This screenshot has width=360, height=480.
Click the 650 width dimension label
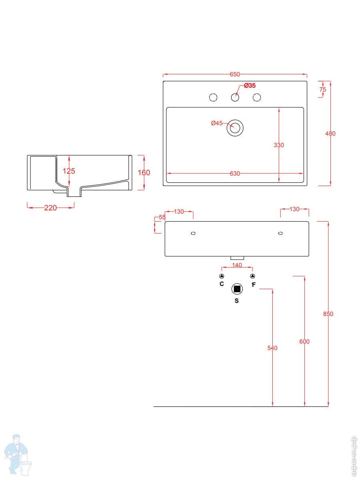[x=235, y=74]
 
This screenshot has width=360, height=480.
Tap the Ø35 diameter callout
[x=250, y=86]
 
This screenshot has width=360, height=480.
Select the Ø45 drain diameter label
[x=216, y=123]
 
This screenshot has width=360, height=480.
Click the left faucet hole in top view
[x=213, y=97]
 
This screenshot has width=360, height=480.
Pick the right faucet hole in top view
[x=257, y=97]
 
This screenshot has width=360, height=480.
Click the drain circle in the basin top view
[x=235, y=128]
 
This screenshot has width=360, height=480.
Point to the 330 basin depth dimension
[x=279, y=145]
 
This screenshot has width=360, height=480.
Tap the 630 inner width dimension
[x=235, y=174]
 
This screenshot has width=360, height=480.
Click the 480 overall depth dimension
[x=330, y=134]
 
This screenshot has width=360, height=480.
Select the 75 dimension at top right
[x=323, y=90]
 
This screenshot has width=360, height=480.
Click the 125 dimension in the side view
[x=69, y=171]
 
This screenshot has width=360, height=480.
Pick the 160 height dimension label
[x=144, y=173]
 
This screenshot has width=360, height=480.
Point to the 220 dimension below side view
[x=50, y=208]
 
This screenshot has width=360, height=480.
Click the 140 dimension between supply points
[x=237, y=265]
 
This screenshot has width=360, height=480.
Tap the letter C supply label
[x=222, y=284]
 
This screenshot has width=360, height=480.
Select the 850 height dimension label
[x=328, y=314]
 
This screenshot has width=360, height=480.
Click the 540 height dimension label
[x=272, y=348]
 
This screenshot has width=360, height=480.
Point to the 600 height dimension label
[x=304, y=342]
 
